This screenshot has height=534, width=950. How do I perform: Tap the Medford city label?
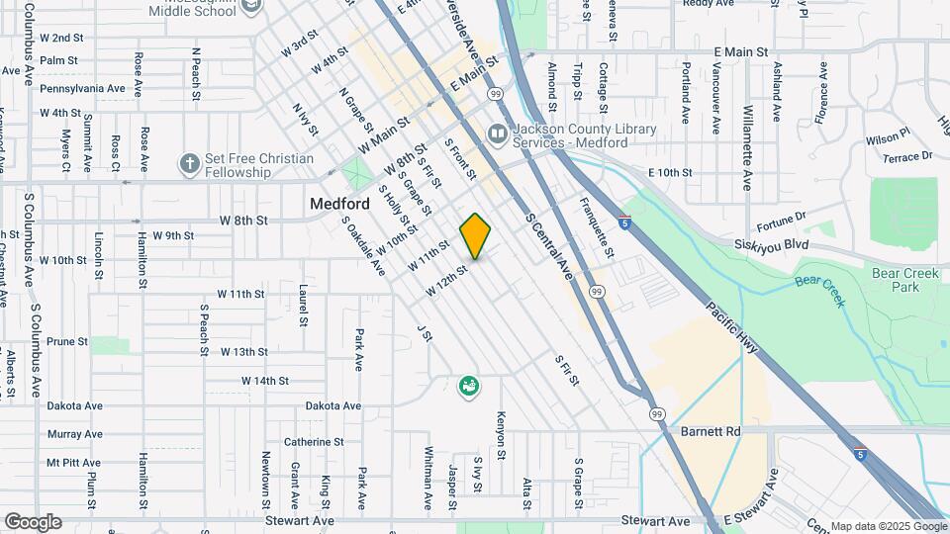(339, 204)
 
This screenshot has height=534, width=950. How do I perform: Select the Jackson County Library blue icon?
(497, 133)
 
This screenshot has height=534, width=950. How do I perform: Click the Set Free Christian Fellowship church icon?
(189, 162)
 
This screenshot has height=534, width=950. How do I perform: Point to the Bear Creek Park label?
(898, 279)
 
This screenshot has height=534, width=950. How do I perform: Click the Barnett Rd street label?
(711, 431)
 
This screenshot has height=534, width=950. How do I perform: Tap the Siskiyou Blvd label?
(772, 244)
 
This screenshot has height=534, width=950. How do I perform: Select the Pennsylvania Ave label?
(82, 88)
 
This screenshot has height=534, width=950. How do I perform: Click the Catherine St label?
(313, 442)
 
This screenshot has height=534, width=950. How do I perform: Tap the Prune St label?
(67, 341)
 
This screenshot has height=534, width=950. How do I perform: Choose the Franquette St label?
(598, 226)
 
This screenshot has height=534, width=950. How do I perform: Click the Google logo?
(33, 522)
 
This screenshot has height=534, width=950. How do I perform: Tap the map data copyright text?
(888, 526)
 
